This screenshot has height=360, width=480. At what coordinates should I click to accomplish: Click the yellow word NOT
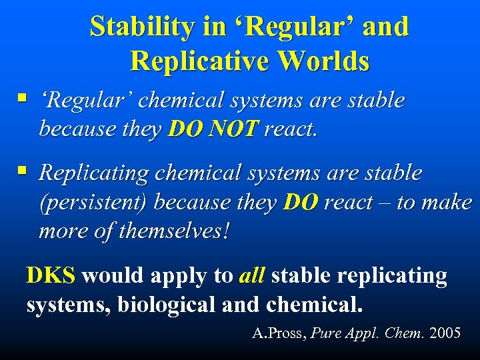[232, 129]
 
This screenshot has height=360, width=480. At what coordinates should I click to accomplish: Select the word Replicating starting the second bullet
[94, 173]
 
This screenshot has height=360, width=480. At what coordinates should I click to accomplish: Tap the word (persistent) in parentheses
[94, 203]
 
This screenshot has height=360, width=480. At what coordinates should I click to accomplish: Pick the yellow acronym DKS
[51, 275]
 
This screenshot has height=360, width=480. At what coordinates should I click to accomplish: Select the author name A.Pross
[275, 333]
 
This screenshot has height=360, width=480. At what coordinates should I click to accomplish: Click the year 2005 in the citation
[445, 333]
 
